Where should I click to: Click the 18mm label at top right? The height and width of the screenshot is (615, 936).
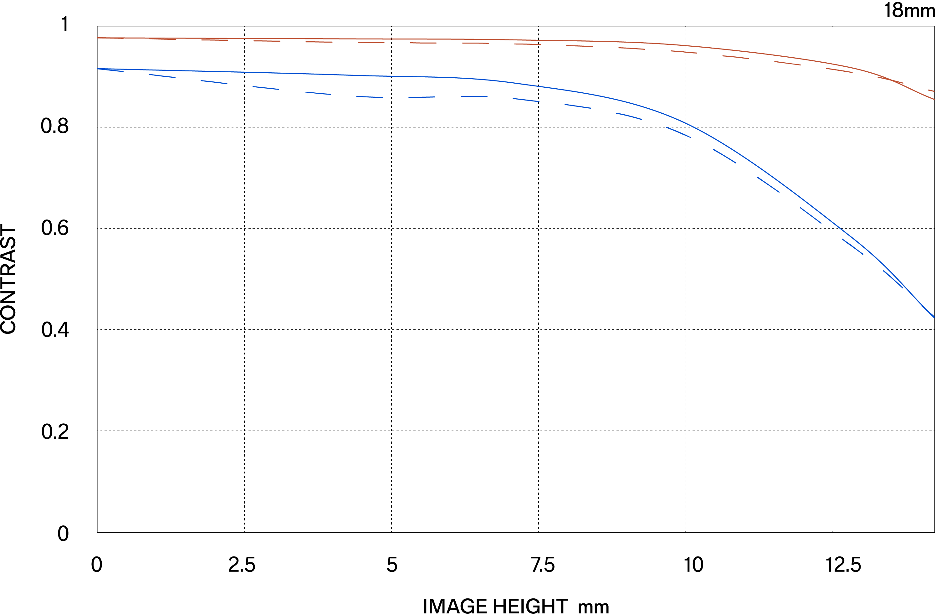tap(909, 11)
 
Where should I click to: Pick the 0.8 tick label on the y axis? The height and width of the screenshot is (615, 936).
tap(55, 126)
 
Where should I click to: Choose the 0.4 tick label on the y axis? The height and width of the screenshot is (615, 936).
tap(55, 329)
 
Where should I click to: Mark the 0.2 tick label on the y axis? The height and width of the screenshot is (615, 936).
tap(55, 432)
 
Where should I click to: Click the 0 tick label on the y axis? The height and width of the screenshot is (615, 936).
tap(63, 534)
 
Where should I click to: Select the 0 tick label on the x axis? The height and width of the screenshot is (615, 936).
tap(97, 565)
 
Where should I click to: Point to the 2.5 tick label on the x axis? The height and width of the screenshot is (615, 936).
tap(242, 565)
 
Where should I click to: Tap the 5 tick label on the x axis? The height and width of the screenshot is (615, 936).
tap(392, 565)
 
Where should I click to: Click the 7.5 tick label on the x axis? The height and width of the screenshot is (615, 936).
tap(543, 565)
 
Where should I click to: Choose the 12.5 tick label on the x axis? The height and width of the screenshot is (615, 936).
tap(843, 565)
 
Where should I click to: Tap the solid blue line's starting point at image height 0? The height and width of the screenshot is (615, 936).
tap(98, 69)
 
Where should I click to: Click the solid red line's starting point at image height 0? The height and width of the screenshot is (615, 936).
tap(98, 38)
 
